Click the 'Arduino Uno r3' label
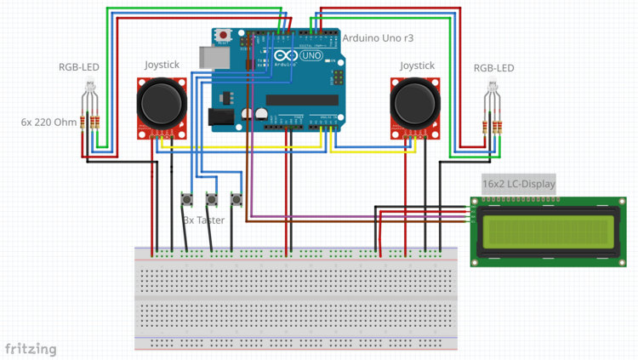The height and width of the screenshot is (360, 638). pos(378,38)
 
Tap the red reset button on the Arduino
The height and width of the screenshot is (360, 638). pos(223,36)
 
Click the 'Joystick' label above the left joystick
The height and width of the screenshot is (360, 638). pos(162,65)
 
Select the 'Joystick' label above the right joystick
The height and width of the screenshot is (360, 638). pos(417,66)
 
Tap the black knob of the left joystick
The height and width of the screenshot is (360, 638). pos(162,104)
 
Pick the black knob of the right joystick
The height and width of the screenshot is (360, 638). pos(416,104)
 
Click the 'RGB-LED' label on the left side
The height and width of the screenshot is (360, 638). pos(78,67)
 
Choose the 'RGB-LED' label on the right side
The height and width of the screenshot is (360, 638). pos(493,68)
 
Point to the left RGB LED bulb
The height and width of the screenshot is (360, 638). pos(89,86)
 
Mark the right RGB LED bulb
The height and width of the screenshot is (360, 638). pos(491,87)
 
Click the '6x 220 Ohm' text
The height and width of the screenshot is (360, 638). pos(48,122)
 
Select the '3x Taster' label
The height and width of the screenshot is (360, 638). pos(204,220)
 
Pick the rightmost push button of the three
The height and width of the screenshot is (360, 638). pos(236,200)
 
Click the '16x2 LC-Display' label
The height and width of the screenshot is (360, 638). pos(518,184)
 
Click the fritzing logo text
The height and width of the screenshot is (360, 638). pos(31,349)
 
